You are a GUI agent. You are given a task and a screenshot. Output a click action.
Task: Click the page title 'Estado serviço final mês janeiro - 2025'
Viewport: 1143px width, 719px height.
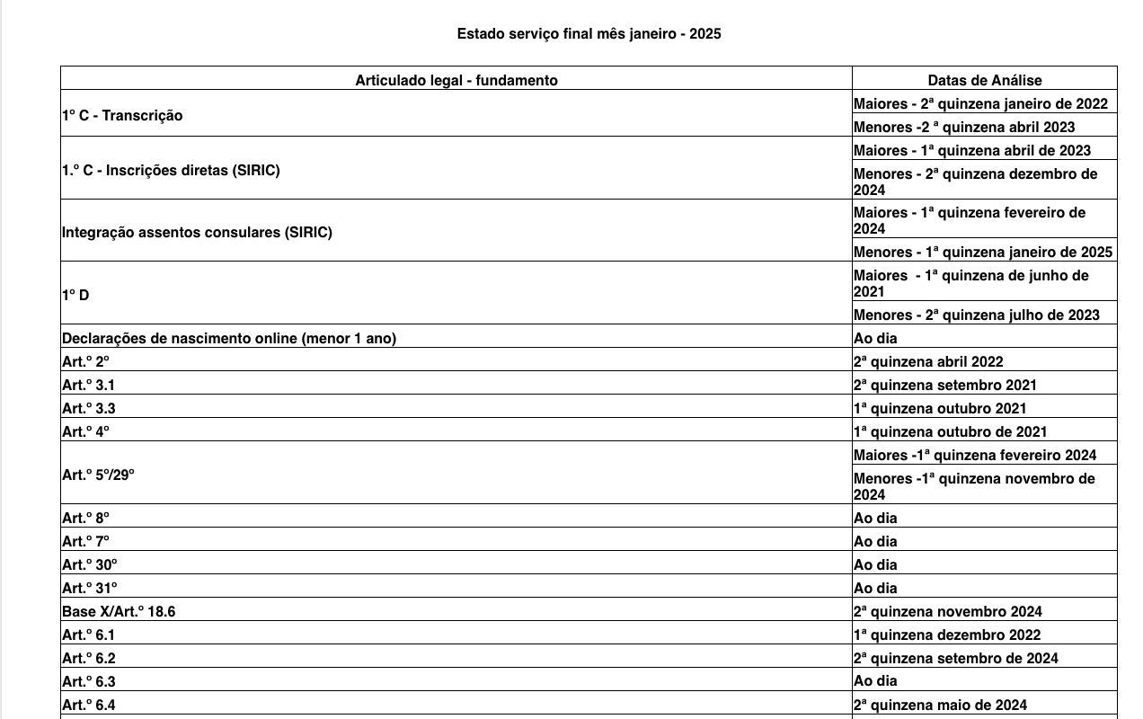(589, 34)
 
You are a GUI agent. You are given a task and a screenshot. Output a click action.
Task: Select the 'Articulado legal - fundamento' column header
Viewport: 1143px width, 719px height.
(456, 80)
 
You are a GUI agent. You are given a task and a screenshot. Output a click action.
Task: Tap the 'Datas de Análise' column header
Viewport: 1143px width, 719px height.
(984, 80)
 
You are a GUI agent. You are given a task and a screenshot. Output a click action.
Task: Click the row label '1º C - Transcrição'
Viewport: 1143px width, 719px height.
(122, 115)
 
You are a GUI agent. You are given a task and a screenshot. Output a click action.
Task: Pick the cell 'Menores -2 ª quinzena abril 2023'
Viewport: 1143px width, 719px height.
(964, 127)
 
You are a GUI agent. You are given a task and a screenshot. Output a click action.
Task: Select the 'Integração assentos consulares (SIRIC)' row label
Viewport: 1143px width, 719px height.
(197, 232)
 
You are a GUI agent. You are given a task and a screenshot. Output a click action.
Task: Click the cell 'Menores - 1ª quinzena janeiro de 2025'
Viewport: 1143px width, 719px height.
(983, 252)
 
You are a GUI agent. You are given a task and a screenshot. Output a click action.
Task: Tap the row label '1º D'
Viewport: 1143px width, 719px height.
(75, 295)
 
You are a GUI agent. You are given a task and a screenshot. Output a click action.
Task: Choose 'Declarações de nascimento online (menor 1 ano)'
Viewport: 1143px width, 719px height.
(229, 338)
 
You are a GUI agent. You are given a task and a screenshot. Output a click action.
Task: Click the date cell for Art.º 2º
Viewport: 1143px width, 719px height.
(928, 361)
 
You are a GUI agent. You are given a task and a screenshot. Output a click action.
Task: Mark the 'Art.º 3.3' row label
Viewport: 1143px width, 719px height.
(88, 408)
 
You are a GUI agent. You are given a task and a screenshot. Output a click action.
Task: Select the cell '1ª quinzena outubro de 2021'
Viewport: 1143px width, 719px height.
(950, 431)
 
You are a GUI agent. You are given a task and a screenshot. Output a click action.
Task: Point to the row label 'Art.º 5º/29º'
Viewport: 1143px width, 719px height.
(98, 475)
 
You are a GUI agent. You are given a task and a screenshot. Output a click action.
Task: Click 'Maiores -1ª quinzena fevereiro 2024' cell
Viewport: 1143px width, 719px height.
(975, 455)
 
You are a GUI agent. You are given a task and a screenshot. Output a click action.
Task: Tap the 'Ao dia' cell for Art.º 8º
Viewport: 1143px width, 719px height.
(875, 518)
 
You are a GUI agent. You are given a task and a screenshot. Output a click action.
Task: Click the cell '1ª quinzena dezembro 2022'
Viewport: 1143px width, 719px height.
(947, 635)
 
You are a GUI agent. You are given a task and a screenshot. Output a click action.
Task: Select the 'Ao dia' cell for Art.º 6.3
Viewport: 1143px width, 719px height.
(875, 680)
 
